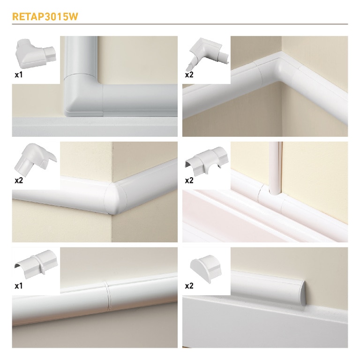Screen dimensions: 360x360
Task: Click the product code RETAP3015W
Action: pos(45,16)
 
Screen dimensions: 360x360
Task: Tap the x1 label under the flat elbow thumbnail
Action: pos(19,75)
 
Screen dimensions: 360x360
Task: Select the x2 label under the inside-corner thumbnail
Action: pos(189,75)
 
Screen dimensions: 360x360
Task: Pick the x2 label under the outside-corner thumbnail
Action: pos(19,180)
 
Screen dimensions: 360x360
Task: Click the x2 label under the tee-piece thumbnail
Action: pos(189,180)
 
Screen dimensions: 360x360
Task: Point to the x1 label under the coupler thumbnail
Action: pos(19,286)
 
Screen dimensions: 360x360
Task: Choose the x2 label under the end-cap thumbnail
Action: pos(189,286)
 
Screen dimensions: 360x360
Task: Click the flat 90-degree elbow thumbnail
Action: pos(36,54)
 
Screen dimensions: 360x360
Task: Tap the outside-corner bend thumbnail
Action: pos(36,159)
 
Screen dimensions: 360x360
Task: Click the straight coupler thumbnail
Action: pos(36,264)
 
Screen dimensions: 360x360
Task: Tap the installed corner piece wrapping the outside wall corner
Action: pos(115,198)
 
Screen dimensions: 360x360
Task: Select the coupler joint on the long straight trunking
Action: pos(107,296)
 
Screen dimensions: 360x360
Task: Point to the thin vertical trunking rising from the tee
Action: pos(275,168)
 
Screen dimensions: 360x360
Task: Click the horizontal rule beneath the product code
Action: pos(180,24)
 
